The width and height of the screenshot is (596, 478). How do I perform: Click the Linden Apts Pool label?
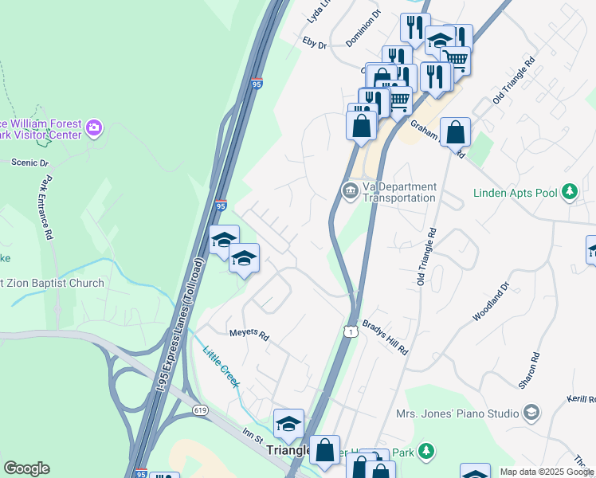517,192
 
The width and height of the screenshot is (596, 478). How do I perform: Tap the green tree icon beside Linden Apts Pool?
569,192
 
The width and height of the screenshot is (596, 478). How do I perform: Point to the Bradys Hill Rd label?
386,338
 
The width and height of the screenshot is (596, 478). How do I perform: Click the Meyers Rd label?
249,335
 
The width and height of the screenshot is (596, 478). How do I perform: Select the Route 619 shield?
201,409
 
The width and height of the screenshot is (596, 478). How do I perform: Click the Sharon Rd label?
529,371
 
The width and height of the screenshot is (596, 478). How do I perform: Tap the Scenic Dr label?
30,163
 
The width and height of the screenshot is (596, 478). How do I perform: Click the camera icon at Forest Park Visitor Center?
94,127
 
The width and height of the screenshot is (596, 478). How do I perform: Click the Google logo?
26,468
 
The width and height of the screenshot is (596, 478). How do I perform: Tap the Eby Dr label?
315,43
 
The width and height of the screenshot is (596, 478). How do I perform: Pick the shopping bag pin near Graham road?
455,133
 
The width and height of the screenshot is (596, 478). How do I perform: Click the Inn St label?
253,435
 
